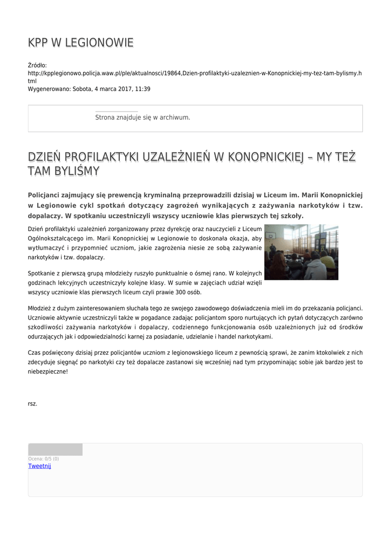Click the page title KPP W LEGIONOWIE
pos(80,43)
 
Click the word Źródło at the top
pos(37,65)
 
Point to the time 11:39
pos(143,89)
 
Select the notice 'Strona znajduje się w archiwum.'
pos(142,117)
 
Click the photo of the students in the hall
pos(301,252)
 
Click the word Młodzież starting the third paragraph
pos(40,307)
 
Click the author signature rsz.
pos(32,403)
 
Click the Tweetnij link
pos(39,466)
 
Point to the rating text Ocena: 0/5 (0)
pos(44,459)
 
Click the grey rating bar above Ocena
pos(55,450)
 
